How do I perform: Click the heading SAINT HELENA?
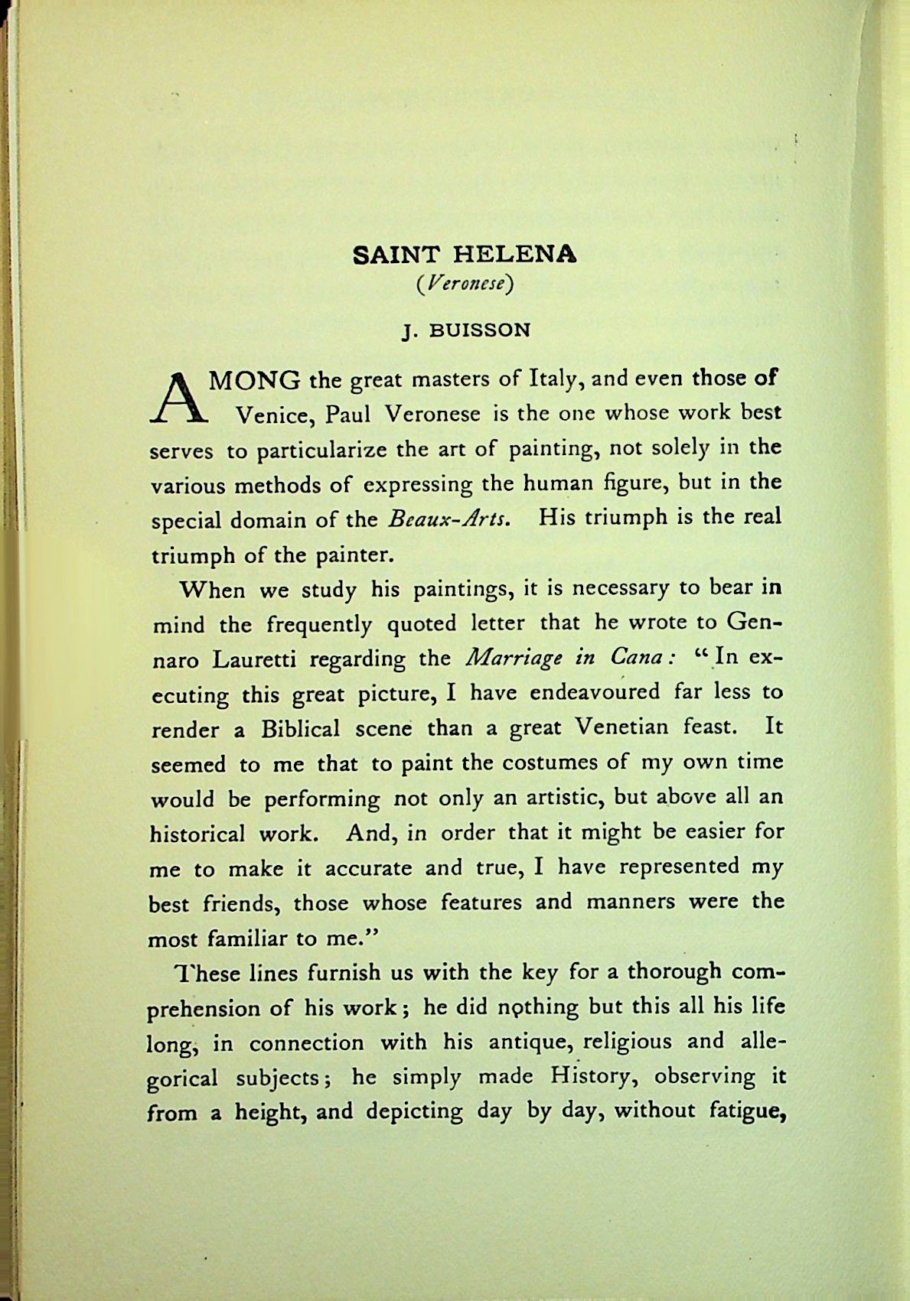pyautogui.click(x=465, y=255)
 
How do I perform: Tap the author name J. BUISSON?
pyautogui.click(x=465, y=331)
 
